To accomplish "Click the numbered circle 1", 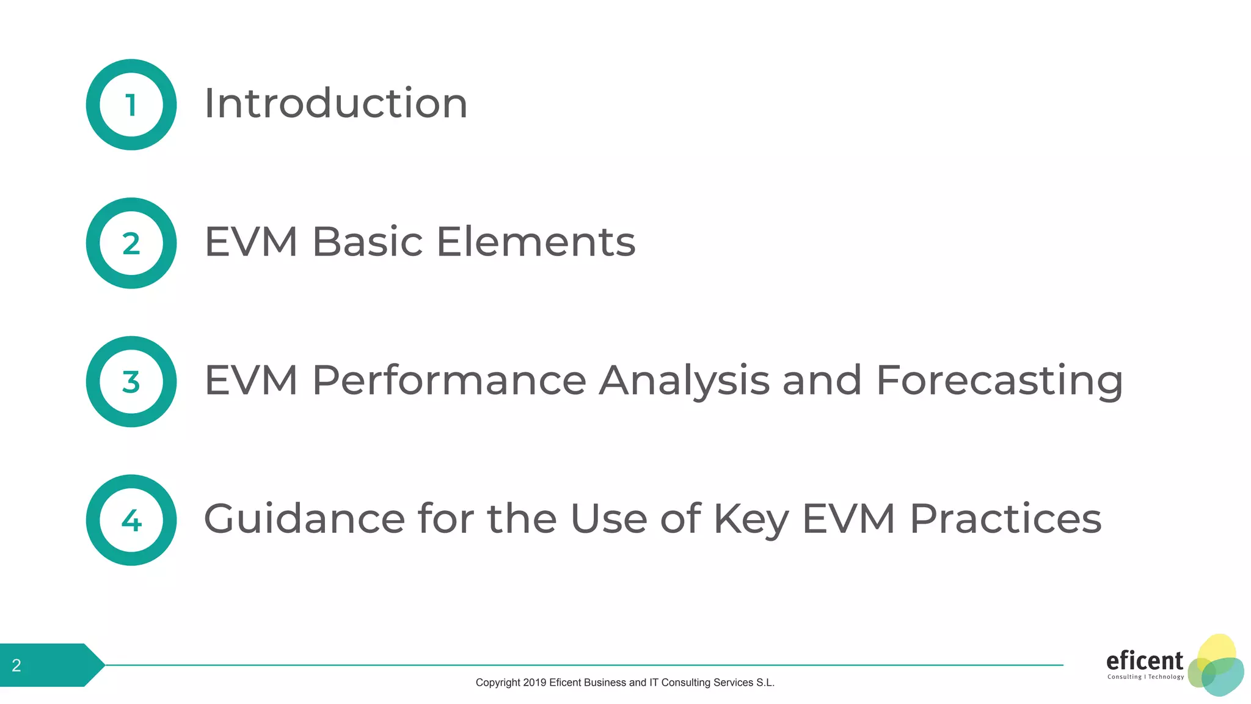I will (131, 105).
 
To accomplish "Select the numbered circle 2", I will (131, 243).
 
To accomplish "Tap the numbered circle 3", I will (131, 382).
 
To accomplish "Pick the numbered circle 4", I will (131, 520).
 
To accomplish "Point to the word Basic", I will (367, 241).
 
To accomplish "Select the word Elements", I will (536, 241).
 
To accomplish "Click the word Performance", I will (449, 380).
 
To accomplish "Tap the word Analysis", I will (684, 381).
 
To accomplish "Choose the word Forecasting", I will (999, 381).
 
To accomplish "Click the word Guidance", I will (304, 519).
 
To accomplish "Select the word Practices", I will (1005, 519).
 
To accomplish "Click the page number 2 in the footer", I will (16, 665).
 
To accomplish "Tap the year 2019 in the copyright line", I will (534, 683).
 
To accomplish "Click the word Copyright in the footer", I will (498, 683).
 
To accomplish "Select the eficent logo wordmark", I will (1144, 661).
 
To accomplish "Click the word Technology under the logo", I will (1166, 677).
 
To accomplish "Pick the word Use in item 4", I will (608, 519).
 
